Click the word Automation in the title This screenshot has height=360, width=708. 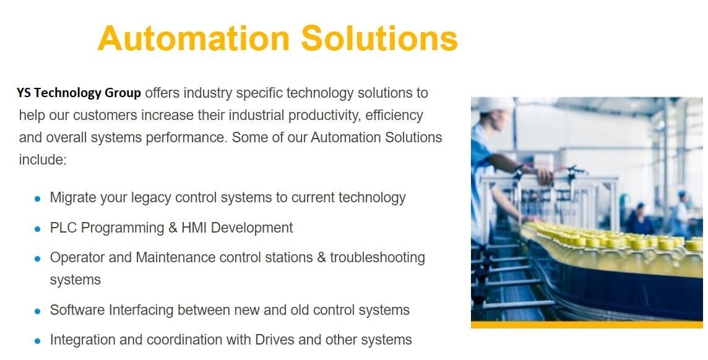[x=193, y=38]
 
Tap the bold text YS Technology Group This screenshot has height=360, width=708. [x=79, y=93]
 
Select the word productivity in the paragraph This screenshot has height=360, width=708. [x=324, y=116]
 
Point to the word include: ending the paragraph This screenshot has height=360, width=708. [x=43, y=160]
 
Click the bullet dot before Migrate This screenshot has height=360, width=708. [x=38, y=199]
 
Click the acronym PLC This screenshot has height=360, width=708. [x=64, y=228]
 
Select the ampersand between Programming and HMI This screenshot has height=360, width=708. [x=173, y=228]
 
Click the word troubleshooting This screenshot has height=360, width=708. [x=378, y=257]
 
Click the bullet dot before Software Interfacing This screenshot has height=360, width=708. [x=38, y=311]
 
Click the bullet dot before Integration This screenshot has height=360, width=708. [x=38, y=341]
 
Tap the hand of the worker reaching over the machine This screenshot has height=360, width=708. [x=545, y=176]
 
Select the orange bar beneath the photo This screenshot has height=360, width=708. [x=587, y=324]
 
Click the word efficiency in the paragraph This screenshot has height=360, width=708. [x=394, y=116]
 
